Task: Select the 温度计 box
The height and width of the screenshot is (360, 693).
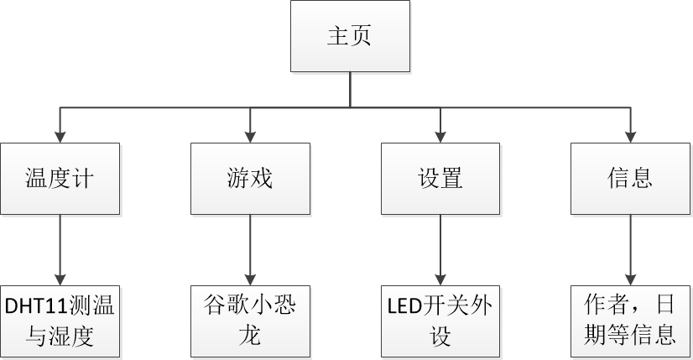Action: point(59,178)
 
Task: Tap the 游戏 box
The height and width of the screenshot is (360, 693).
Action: point(249,178)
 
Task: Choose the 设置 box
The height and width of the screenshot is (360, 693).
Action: point(440,178)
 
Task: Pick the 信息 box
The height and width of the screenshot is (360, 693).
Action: point(630,178)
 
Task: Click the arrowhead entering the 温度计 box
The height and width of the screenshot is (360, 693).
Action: point(59,136)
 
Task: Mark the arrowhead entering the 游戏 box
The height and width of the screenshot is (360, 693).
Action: point(249,136)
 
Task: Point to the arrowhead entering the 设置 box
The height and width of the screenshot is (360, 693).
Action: point(440,136)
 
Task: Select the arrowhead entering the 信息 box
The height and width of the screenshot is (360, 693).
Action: point(630,136)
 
